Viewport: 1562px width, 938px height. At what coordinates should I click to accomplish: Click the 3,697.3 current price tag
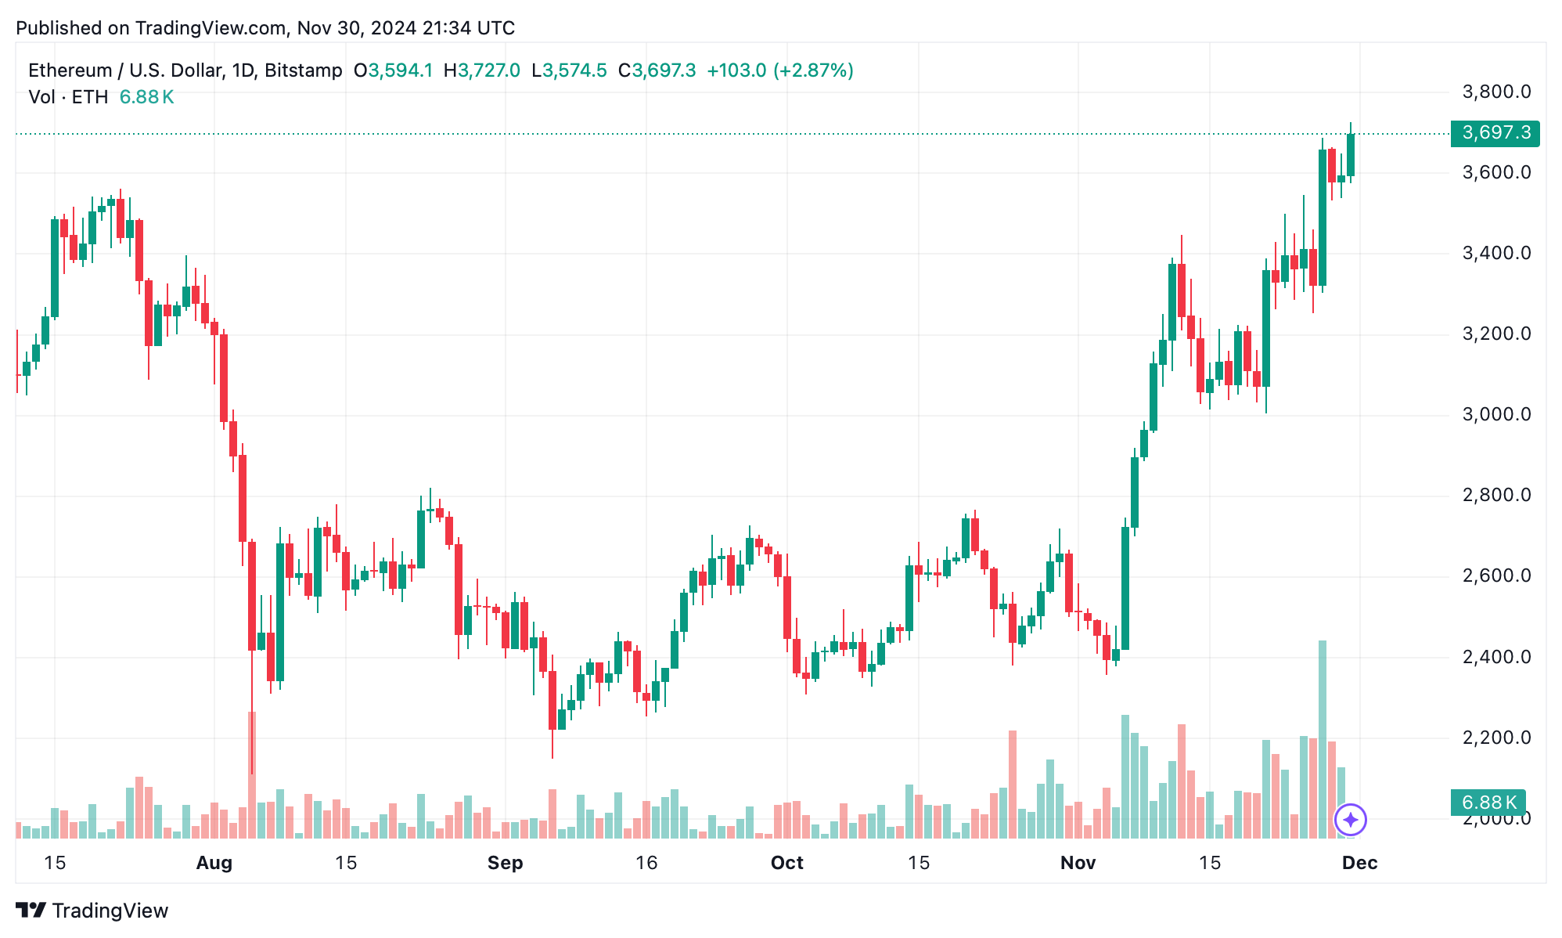pyautogui.click(x=1495, y=133)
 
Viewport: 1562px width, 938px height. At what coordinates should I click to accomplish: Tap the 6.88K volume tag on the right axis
pyautogui.click(x=1488, y=803)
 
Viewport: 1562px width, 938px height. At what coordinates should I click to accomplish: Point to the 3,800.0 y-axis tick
pyautogui.click(x=1496, y=92)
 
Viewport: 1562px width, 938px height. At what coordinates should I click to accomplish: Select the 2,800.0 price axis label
pyautogui.click(x=1496, y=496)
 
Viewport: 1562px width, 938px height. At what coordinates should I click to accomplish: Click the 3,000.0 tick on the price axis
pyautogui.click(x=1496, y=415)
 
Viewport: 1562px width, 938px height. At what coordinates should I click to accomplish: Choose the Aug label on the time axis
pyautogui.click(x=214, y=863)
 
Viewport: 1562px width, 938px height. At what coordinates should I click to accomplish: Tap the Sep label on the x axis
pyautogui.click(x=505, y=863)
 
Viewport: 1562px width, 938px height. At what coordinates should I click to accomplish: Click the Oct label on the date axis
pyautogui.click(x=786, y=863)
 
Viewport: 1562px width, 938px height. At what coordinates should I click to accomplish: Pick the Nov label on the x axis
pyautogui.click(x=1078, y=863)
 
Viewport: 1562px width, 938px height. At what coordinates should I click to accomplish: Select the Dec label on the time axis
pyautogui.click(x=1359, y=863)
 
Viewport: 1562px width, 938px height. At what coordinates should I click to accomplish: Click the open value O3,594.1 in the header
pyautogui.click(x=393, y=70)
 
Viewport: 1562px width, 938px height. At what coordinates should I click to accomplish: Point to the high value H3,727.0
pyautogui.click(x=481, y=70)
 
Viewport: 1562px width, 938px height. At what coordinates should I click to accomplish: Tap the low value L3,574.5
pyautogui.click(x=569, y=70)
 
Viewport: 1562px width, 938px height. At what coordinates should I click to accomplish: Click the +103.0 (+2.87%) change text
pyautogui.click(x=779, y=70)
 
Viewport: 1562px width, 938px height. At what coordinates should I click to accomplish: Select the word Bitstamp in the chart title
pyautogui.click(x=303, y=70)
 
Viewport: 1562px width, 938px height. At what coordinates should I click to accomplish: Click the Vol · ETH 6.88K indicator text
pyautogui.click(x=101, y=97)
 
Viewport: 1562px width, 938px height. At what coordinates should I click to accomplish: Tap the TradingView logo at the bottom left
pyautogui.click(x=92, y=911)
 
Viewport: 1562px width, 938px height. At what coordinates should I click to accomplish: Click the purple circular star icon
pyautogui.click(x=1350, y=820)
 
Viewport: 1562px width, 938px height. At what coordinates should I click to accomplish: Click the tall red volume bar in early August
pyautogui.click(x=252, y=775)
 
